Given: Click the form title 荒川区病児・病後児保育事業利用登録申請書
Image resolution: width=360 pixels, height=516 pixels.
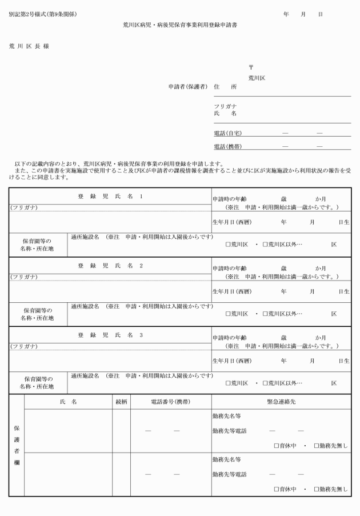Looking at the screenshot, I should (180, 26).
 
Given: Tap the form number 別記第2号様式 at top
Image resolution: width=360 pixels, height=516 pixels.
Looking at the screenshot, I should (43, 14).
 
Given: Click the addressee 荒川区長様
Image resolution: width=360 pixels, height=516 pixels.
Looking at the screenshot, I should (29, 46).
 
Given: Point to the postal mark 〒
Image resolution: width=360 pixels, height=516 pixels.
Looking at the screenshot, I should (250, 67).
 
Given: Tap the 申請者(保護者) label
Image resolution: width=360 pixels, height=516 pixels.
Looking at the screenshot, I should (187, 87).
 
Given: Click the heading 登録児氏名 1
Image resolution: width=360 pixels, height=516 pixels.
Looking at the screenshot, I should (110, 196).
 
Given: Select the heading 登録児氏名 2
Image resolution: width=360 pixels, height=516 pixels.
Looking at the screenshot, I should (110, 266).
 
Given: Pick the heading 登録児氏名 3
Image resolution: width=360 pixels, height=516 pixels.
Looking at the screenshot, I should (110, 335).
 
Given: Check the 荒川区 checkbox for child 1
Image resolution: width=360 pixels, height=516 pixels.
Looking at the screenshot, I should (228, 244).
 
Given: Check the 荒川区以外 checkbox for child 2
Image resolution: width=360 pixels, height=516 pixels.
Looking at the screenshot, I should (265, 314).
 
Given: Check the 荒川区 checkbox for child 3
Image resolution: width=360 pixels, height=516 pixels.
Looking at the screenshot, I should (228, 383).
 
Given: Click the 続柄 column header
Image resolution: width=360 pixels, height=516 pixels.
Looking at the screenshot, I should (121, 402).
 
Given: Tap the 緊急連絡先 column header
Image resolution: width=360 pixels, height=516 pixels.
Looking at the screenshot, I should (281, 402).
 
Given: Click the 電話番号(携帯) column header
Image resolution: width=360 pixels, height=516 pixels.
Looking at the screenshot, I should (171, 402).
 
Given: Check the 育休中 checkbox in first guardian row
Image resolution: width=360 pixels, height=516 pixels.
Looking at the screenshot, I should (277, 445).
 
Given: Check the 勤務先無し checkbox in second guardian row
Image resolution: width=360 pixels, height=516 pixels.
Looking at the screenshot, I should (316, 489).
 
